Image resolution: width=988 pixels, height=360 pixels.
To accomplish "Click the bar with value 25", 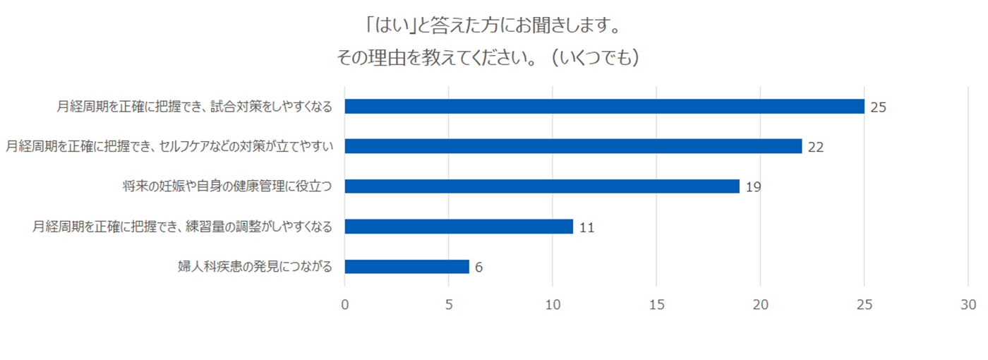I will click(604, 106).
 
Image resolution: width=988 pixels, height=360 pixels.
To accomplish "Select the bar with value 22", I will click(573, 146).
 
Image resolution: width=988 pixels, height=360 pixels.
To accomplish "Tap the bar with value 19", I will click(542, 186).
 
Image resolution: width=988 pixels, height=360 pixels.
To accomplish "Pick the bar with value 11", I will click(459, 227).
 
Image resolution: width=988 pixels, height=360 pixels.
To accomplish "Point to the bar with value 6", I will click(406, 267).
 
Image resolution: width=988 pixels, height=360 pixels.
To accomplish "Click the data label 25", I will click(878, 107).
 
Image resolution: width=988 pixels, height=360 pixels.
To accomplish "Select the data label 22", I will click(816, 148).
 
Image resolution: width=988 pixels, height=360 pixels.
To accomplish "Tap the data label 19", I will click(753, 188).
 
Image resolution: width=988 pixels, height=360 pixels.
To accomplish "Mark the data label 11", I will click(586, 228).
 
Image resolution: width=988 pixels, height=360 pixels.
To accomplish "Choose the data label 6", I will click(478, 268).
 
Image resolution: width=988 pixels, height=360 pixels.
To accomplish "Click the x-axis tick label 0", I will click(344, 305).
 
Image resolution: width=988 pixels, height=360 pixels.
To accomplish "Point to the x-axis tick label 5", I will click(449, 305).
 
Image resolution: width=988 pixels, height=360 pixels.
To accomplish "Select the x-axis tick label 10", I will click(553, 305).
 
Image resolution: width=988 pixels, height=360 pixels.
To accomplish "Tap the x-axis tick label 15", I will click(656, 305).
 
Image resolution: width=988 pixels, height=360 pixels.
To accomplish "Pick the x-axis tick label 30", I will click(968, 305).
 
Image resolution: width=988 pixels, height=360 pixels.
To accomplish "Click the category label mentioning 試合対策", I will click(195, 107).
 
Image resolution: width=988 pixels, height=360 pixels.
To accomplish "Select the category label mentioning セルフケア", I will click(169, 147).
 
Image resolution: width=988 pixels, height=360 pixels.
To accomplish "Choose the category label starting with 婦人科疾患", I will click(255, 268).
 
